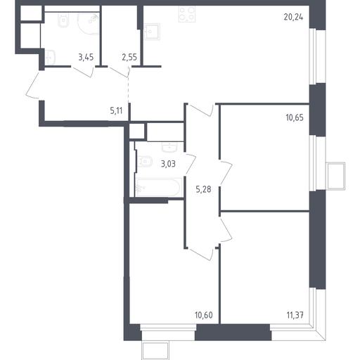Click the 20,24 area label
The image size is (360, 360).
293,18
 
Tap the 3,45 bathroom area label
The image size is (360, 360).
86,57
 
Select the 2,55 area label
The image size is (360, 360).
129,57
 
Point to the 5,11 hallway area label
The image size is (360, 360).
116,110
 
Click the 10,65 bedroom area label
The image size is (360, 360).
295,117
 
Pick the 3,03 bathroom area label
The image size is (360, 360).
168,164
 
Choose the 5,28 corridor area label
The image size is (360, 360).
203,189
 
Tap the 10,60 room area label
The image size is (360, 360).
204,315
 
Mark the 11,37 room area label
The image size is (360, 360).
295,315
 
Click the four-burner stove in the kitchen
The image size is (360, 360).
187,14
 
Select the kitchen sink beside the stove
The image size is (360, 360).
152,32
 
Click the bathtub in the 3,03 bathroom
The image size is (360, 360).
159,187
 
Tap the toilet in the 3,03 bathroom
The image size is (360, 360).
145,162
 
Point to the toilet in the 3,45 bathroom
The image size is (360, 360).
63,20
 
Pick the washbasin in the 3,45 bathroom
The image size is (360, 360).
50,58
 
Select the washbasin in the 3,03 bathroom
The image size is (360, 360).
169,147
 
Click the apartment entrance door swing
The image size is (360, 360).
32,85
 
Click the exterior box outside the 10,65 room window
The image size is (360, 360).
336,176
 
